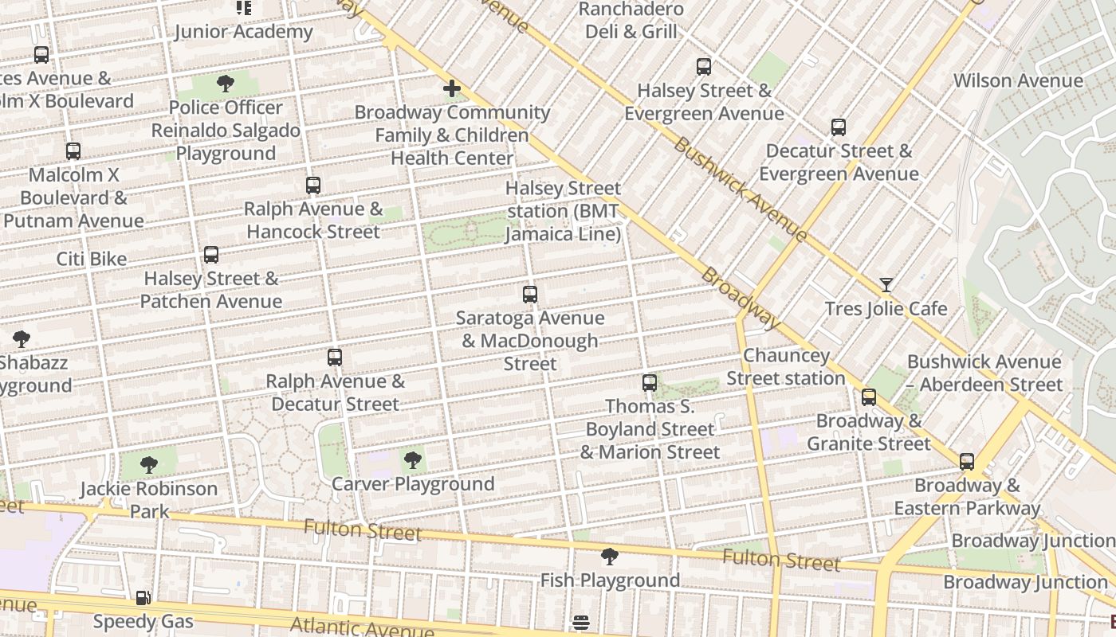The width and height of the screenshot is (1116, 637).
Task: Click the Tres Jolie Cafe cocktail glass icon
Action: click(886, 285)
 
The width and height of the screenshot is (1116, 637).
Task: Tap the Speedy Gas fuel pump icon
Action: click(143, 598)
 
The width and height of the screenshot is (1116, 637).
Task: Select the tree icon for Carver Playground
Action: click(412, 460)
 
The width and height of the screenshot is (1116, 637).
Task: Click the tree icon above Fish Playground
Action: click(610, 557)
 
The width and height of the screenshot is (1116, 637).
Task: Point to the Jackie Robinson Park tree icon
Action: click(148, 465)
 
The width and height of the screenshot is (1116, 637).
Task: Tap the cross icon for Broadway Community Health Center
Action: click(452, 88)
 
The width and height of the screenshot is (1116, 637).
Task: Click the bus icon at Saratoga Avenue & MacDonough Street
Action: click(530, 295)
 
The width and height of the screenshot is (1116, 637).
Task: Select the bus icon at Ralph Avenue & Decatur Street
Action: click(335, 358)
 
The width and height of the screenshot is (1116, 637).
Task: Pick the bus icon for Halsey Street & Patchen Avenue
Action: click(211, 255)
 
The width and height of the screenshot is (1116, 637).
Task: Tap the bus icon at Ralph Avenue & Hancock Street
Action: click(313, 186)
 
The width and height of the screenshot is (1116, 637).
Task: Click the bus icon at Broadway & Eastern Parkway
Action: click(967, 462)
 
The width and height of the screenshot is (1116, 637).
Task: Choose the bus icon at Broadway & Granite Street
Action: click(869, 397)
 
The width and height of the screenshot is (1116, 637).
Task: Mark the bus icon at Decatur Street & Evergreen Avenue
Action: click(839, 127)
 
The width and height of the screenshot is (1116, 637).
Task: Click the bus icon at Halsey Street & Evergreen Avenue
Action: click(704, 67)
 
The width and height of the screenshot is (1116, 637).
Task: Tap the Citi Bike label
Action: click(92, 259)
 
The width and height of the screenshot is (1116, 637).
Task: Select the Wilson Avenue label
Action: click(1018, 80)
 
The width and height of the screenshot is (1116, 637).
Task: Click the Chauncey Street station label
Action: click(786, 367)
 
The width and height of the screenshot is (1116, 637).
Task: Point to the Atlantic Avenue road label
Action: click(363, 626)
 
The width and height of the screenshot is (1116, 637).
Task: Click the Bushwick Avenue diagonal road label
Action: click(741, 190)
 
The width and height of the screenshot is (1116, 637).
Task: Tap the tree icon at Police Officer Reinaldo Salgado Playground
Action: click(226, 84)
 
